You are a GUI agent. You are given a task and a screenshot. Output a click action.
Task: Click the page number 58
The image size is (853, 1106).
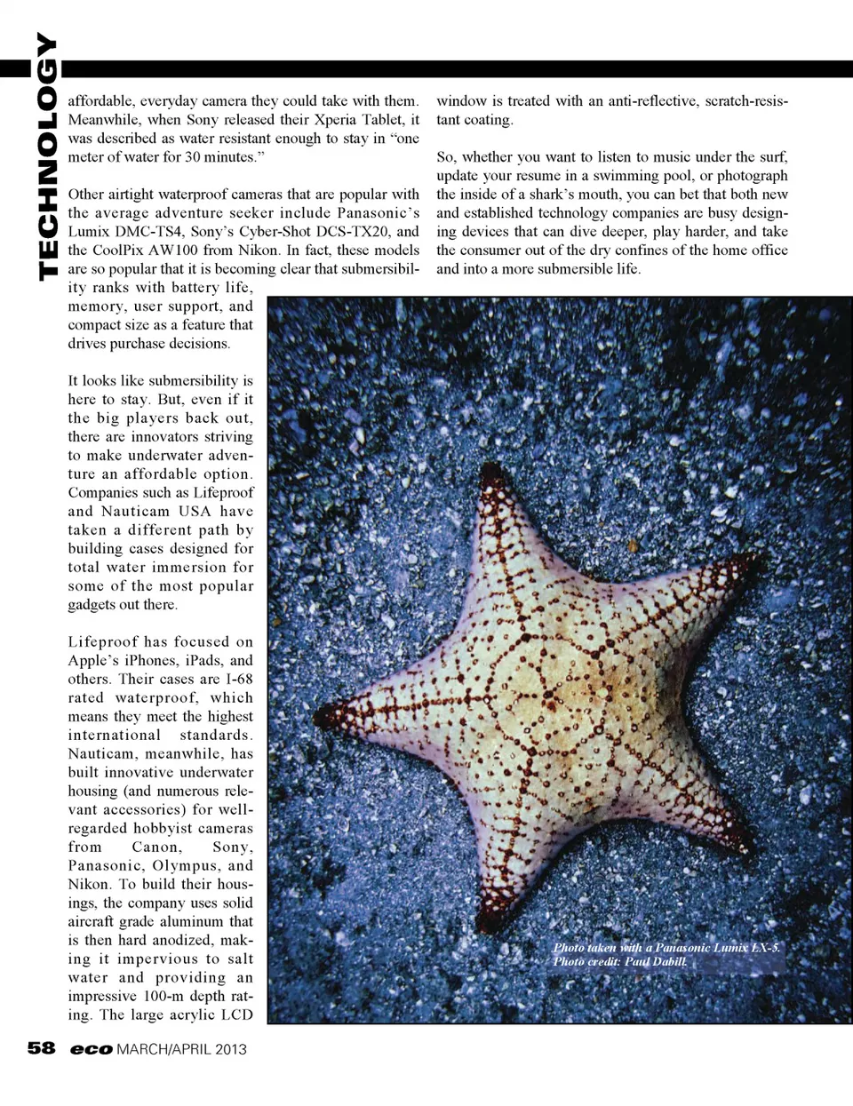41,1048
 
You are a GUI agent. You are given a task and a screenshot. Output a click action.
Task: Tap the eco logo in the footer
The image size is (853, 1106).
92,1049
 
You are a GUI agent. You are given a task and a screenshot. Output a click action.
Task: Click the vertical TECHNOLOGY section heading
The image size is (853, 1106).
46,156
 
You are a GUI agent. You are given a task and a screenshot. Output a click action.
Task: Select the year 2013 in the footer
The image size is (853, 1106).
229,1049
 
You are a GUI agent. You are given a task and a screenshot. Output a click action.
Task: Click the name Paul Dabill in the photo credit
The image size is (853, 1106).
656,961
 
